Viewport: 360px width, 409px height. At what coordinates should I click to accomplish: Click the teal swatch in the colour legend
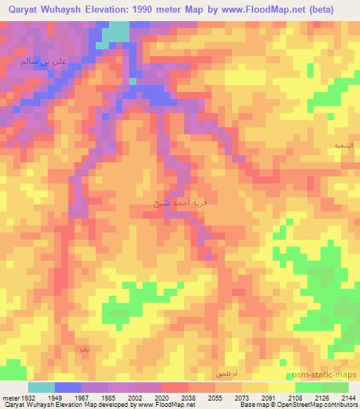pos(41,387)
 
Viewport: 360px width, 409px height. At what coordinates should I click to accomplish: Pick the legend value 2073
pos(242,397)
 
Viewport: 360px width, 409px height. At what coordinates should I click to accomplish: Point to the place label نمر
pos(84,349)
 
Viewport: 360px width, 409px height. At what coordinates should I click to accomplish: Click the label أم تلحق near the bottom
pos(226,372)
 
